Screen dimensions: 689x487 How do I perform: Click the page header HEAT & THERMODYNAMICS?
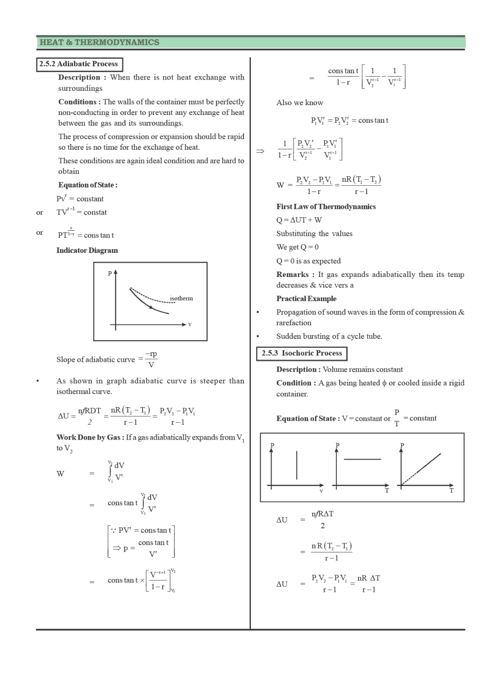coord(99,42)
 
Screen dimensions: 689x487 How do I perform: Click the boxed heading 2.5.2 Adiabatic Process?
coord(79,64)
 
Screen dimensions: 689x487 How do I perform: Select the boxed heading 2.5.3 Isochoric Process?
coord(301,353)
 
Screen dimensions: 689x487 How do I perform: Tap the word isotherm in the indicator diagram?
coord(181,298)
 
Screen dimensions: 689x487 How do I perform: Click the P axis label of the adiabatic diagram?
coord(110,274)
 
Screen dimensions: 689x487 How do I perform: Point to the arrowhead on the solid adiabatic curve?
coord(152,307)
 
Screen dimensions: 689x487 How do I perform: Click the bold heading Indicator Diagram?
coord(87,250)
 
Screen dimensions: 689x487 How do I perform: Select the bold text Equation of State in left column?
coord(87,185)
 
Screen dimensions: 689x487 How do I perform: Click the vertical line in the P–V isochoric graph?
coord(297,465)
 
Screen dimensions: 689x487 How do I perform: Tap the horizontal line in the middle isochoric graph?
coord(362,459)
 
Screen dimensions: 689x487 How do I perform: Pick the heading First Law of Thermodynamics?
coord(326,207)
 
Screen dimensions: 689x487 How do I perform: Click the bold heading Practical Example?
coord(306,299)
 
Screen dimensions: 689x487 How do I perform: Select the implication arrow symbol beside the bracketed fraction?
coord(260,151)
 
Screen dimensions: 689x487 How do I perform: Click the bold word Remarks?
coord(292,275)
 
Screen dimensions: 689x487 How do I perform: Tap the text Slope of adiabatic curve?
coord(95,359)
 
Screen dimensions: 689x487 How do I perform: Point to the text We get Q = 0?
coord(297,247)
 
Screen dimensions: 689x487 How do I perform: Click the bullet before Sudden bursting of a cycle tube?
coord(258,336)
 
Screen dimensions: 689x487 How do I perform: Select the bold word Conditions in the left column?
coord(79,102)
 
